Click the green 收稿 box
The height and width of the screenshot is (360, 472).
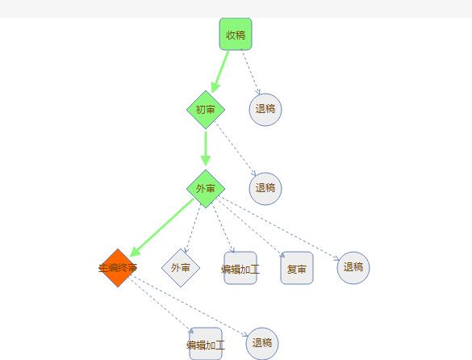(236, 34)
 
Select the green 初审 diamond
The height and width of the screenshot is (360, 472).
(206, 109)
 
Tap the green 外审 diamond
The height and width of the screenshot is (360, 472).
(206, 189)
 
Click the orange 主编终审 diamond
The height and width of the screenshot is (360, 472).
(118, 268)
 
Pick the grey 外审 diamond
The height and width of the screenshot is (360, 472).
(181, 268)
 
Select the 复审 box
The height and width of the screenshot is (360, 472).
(297, 268)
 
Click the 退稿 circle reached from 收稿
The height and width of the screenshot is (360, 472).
(265, 109)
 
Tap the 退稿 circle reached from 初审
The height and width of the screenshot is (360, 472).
(265, 189)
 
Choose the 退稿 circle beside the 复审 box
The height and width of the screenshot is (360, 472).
(353, 268)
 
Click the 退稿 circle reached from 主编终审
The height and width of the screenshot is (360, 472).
(262, 344)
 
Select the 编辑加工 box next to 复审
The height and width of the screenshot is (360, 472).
(240, 268)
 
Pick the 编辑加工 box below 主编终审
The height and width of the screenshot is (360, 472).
(206, 344)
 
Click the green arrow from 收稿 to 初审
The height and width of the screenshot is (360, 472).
(220, 72)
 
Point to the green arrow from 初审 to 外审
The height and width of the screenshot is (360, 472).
(206, 149)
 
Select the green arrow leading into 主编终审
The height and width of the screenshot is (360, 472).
(161, 228)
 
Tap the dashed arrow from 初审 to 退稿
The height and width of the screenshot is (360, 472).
(236, 149)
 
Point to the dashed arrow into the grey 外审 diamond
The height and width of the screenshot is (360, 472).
(193, 228)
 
